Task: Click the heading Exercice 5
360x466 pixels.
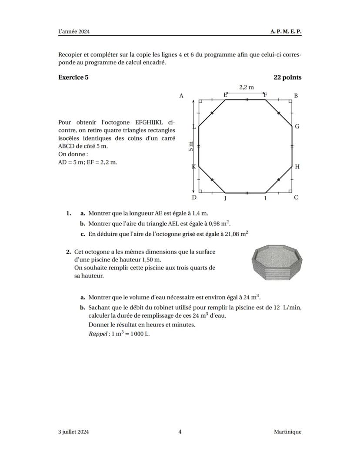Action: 73,77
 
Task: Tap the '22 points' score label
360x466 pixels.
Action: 287,77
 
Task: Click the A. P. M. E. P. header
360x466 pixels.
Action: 286,32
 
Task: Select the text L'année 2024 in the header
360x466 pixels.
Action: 77,32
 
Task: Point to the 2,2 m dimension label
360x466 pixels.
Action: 246,87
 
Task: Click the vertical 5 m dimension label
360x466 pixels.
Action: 190,147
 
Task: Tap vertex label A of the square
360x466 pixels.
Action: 181,96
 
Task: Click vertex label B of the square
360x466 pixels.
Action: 296,96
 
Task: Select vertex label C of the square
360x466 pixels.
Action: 296,198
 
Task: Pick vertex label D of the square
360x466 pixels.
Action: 194,198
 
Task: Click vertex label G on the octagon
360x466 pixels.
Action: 297,127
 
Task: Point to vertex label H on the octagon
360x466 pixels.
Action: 297,167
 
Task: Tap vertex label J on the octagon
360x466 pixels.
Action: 225,198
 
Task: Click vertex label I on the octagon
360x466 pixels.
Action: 265,198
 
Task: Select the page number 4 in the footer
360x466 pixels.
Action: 180,432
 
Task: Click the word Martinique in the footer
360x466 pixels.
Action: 287,432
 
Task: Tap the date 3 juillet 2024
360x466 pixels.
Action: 73,432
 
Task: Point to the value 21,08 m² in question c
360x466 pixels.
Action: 236,234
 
